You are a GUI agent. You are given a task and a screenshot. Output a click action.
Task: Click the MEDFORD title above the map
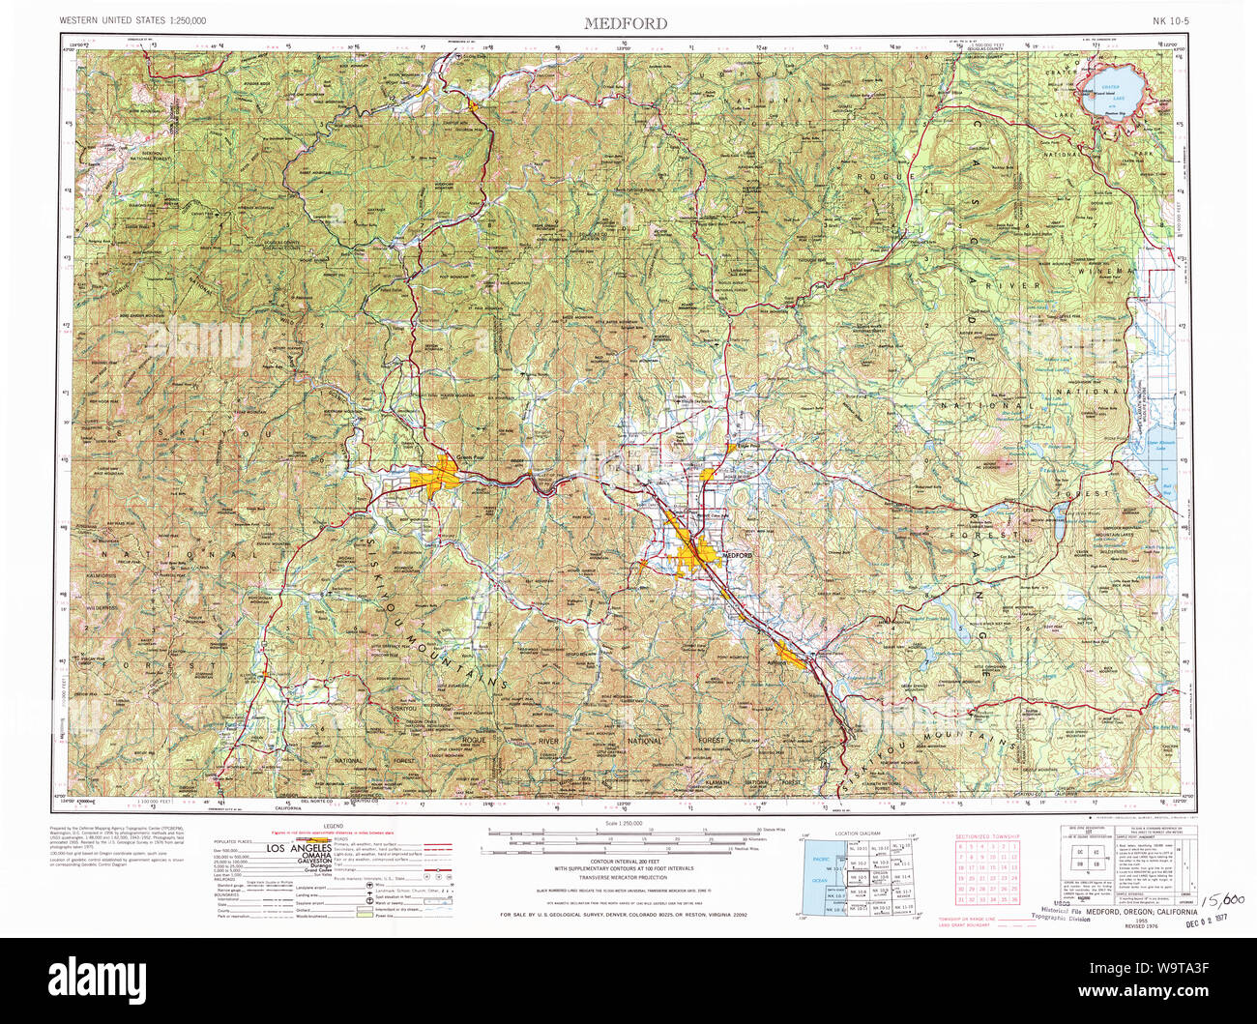point(625,23)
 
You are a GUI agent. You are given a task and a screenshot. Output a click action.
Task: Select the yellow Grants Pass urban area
point(437,476)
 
